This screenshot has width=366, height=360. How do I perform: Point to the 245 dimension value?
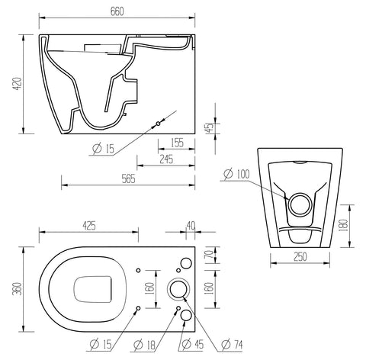pos(166,159)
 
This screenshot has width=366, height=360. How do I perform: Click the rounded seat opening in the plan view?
pos(95,289)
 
